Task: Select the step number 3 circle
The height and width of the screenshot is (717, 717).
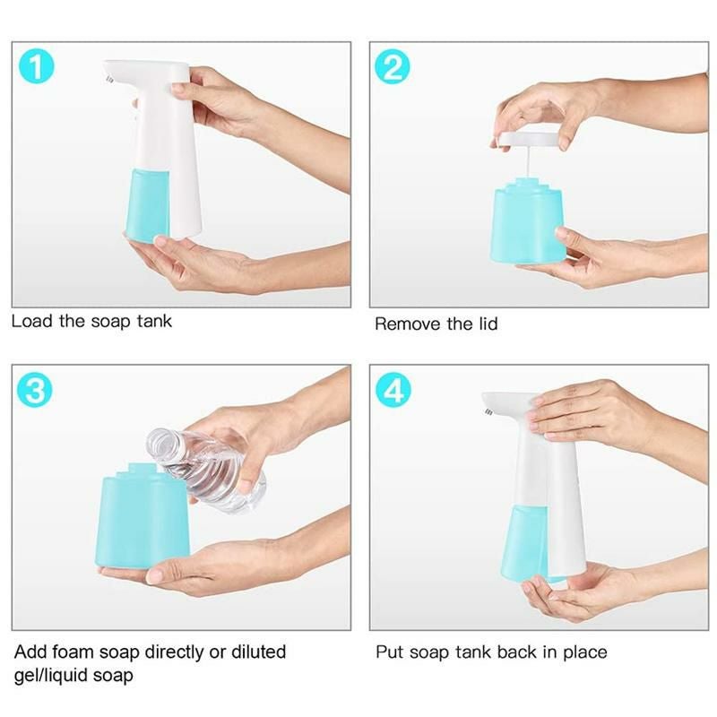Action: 36,392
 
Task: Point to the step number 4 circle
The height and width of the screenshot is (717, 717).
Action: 393,392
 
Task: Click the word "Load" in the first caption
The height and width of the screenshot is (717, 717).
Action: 32,321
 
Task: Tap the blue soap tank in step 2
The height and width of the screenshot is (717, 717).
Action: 528,224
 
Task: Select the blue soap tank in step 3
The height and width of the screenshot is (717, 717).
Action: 142,520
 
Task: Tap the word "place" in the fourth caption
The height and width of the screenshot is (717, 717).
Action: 584,652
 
